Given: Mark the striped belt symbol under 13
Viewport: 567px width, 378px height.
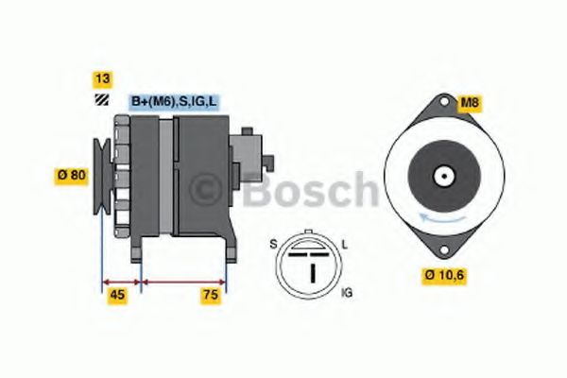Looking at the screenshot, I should coord(99,102).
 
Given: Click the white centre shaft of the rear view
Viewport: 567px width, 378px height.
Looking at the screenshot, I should coord(441,175).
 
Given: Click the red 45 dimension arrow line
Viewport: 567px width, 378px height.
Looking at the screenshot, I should coord(120,281).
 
